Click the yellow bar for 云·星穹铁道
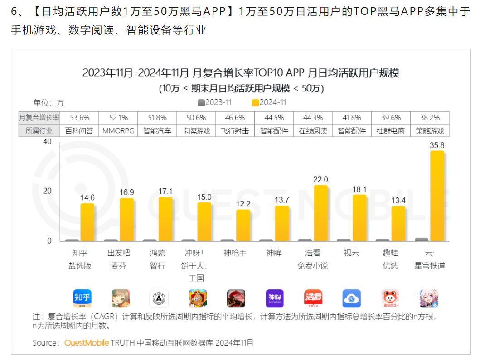pyautogui.click(x=437, y=196)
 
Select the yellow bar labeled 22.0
pyautogui.click(x=320, y=213)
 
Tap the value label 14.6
pyautogui.click(x=87, y=197)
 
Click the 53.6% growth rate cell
pyautogui.click(x=80, y=118)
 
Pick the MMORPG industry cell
pyautogui.click(x=118, y=131)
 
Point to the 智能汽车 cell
pyautogui.click(x=157, y=131)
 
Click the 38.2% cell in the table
pyautogui.click(x=430, y=118)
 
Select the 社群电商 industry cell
pyautogui.click(x=391, y=131)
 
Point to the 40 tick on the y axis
pyautogui.click(x=47, y=142)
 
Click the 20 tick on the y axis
pyautogui.click(x=47, y=191)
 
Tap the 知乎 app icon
pyautogui.click(x=82, y=298)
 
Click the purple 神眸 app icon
pyautogui.click(x=275, y=298)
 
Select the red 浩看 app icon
pyautogui.click(x=313, y=298)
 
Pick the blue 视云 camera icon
pyautogui.click(x=352, y=298)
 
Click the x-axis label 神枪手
pyautogui.click(x=235, y=253)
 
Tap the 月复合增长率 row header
pyautogui.click(x=39, y=118)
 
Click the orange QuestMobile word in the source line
pyautogui.click(x=87, y=342)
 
